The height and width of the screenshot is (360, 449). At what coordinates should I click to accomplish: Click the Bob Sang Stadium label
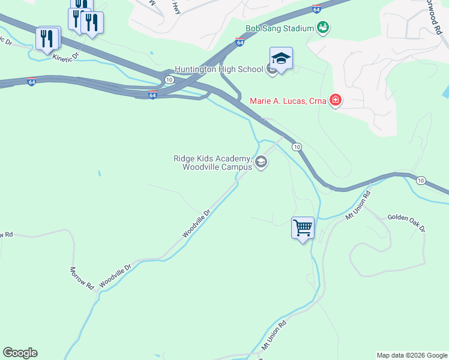click(280, 28)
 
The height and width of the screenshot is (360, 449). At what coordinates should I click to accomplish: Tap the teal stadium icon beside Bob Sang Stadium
click(324, 28)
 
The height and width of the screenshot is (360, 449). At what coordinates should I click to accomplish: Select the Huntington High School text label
click(218, 69)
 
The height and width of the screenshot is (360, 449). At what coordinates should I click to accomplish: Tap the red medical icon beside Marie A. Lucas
click(336, 100)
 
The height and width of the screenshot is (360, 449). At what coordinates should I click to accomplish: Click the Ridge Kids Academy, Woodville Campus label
click(211, 163)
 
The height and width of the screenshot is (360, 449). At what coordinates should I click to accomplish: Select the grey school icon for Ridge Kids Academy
click(261, 162)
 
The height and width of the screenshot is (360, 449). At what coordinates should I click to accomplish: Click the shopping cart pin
click(303, 228)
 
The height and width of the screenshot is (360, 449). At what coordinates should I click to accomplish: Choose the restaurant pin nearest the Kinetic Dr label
click(47, 39)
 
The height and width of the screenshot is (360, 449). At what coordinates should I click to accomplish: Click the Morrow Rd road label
click(82, 279)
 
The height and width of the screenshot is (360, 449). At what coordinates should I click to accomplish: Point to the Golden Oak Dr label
click(406, 223)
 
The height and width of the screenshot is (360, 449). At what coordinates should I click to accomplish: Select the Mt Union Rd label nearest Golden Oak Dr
click(359, 205)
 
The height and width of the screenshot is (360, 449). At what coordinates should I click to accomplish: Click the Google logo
click(20, 353)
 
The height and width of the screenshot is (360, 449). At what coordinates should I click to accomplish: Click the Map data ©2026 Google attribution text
click(412, 355)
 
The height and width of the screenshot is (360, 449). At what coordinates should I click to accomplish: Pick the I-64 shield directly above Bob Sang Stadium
click(316, 9)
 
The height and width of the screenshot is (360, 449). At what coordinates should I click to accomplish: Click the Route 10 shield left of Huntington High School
click(169, 79)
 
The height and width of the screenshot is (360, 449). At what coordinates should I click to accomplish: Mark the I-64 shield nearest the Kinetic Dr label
click(31, 81)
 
